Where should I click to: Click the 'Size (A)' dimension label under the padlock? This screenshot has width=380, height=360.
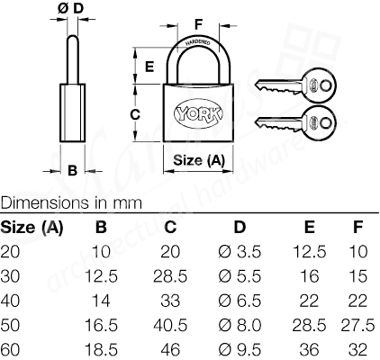coord(197,160)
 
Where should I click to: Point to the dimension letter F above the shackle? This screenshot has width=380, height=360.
coord(199,22)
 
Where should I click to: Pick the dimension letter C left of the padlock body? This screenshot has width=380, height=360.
coord(134,114)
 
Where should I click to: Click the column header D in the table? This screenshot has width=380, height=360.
coord(240,226)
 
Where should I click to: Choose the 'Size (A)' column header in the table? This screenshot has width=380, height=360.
coord(32,226)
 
